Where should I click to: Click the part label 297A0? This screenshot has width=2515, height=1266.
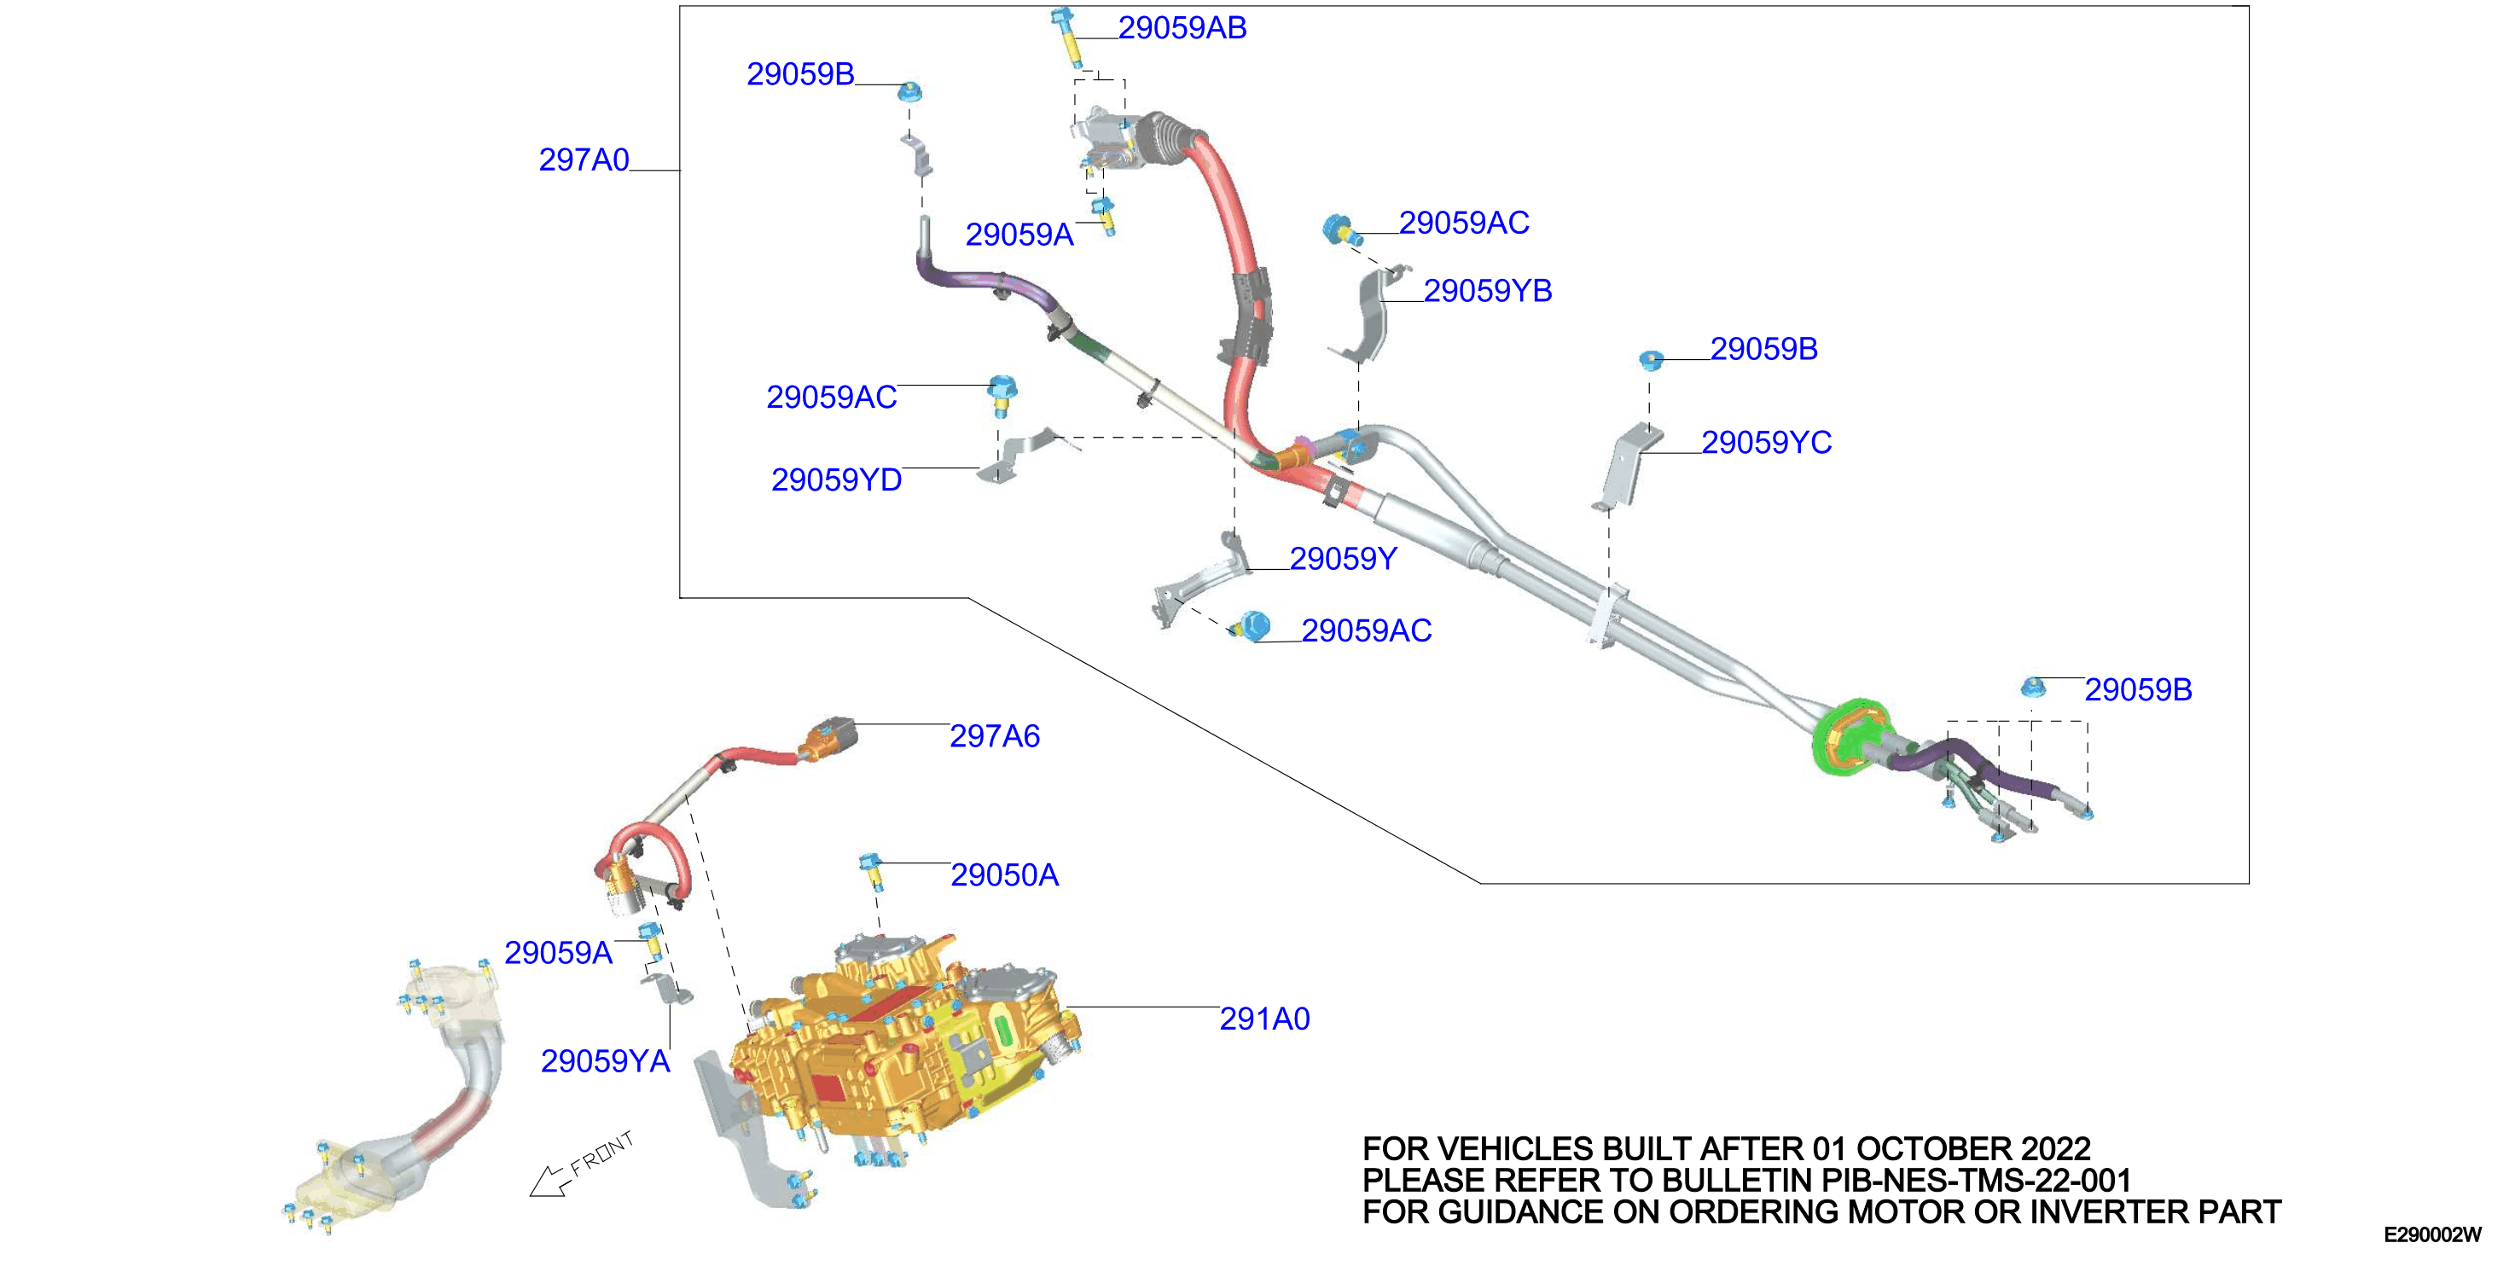(584, 160)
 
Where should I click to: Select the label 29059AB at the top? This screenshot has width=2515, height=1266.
(1182, 28)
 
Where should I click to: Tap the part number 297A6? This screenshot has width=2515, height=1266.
(995, 736)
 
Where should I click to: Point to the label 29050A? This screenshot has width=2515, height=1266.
(1005, 875)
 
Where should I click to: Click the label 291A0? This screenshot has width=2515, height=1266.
(1264, 1019)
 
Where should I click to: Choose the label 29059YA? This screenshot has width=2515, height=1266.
(606, 1062)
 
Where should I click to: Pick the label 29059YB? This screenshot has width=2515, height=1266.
(1488, 291)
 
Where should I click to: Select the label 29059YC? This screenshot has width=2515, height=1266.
(1766, 443)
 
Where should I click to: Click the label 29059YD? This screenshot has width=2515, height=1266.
(837, 480)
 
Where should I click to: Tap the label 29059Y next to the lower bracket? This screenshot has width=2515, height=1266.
(1344, 560)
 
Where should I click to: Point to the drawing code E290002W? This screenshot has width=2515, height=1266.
(2432, 1234)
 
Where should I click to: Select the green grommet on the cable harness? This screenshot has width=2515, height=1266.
(1850, 737)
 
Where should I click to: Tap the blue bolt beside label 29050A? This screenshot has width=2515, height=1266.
(872, 872)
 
